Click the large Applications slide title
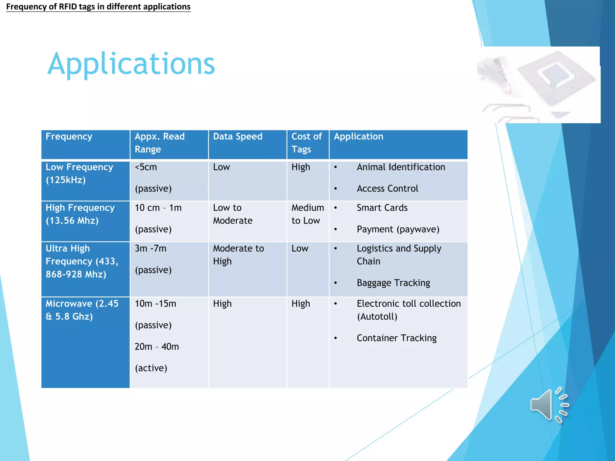tap(131, 64)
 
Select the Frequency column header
tap(69, 137)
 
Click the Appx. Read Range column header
tap(159, 143)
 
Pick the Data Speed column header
tap(238, 137)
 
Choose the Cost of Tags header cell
tap(307, 143)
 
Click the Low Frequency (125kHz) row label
tap(79, 173)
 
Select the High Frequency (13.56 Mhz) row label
tap(80, 214)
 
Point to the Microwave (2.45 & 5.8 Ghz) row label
tap(82, 310)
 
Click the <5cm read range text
tap(146, 167)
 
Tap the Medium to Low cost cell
tap(307, 214)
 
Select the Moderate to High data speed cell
tap(238, 255)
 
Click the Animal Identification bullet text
tap(401, 167)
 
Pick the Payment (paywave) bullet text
tap(398, 230)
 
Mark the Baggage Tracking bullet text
tap(393, 283)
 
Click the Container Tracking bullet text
tap(396, 338)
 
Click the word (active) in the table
tap(151, 368)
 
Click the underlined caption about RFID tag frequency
tap(98, 7)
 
